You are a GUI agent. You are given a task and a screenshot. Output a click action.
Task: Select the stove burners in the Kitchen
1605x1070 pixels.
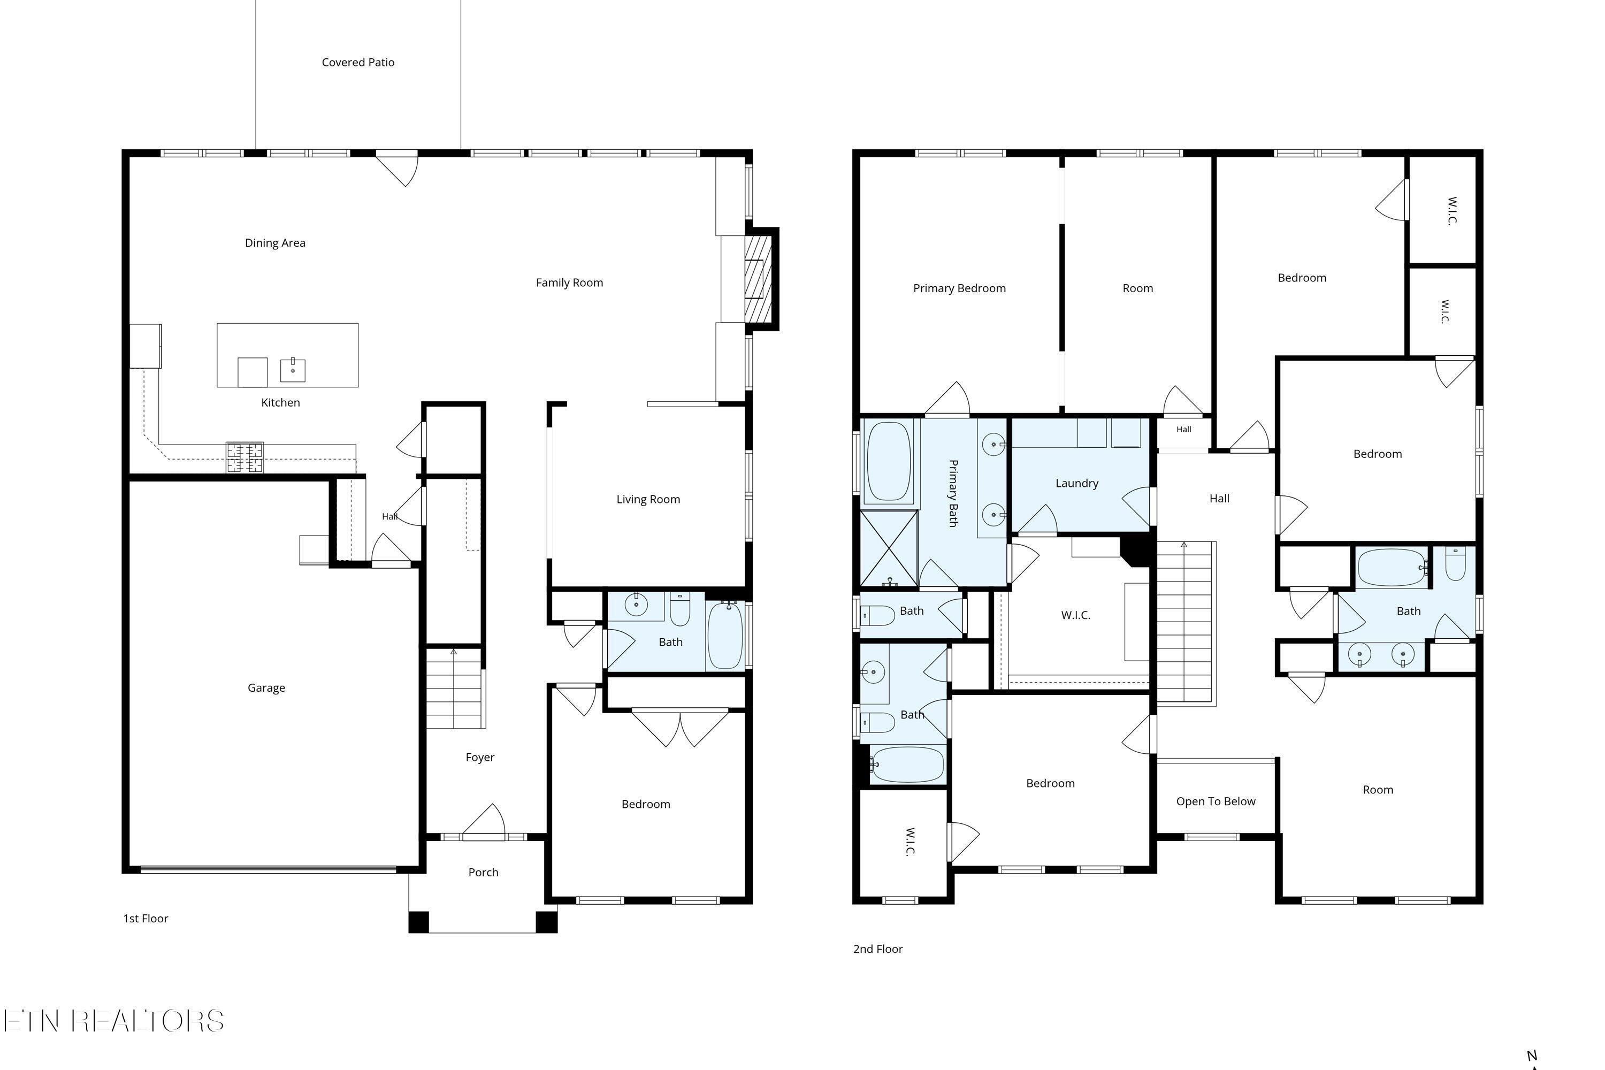(x=245, y=457)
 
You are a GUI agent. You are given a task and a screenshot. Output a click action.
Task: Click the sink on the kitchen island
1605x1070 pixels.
(x=293, y=370)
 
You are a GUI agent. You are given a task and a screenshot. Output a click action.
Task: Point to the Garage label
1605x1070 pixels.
(x=266, y=688)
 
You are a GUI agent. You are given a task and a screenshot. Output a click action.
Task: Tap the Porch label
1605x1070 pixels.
(x=483, y=872)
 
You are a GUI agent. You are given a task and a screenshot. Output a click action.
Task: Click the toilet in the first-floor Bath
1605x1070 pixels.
(x=679, y=609)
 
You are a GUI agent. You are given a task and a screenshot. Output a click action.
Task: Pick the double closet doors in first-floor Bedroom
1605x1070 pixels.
(x=681, y=728)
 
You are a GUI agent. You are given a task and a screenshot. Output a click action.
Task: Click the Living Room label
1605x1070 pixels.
(x=648, y=500)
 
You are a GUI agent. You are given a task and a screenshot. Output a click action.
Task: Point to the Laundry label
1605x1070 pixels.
(x=1077, y=484)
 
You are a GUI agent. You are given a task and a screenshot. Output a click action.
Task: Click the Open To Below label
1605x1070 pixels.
(x=1216, y=801)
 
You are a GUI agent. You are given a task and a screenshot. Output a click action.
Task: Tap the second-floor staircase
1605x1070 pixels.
(x=1186, y=624)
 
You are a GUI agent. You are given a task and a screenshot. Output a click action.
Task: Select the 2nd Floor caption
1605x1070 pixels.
(x=878, y=949)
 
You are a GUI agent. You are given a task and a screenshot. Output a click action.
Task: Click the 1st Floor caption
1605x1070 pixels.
(x=146, y=919)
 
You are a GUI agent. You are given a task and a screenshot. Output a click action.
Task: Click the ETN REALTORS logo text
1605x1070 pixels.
(x=113, y=1021)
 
